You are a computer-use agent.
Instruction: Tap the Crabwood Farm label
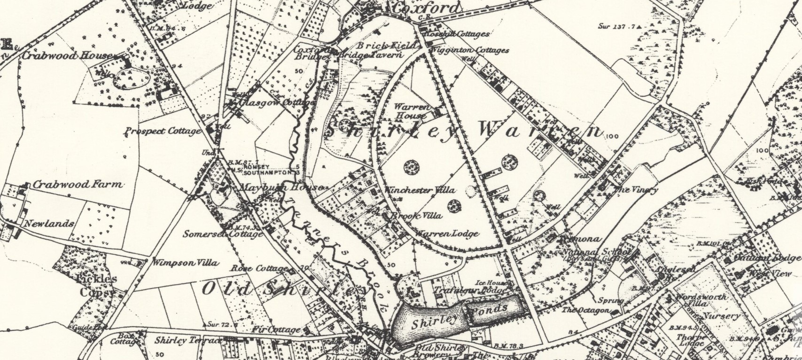(78, 185)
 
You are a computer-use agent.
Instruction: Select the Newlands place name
(49, 224)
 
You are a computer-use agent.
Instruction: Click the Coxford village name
(427, 8)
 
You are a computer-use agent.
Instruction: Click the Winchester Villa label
(420, 190)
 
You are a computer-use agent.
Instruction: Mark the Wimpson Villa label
(185, 263)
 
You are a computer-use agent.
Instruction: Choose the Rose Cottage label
(259, 269)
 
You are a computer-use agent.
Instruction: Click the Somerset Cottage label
(223, 234)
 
